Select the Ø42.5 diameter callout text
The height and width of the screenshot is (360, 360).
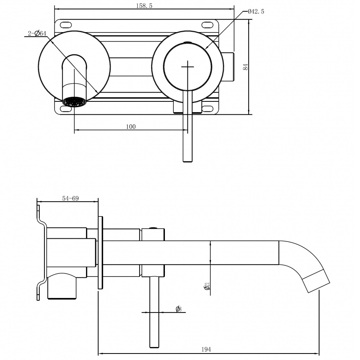click(x=256, y=11)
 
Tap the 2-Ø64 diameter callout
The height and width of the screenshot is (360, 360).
click(x=37, y=34)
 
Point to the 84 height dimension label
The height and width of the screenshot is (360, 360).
click(x=246, y=67)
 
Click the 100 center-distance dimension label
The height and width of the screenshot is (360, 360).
click(x=130, y=127)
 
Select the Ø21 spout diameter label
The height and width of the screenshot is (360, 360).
click(x=207, y=286)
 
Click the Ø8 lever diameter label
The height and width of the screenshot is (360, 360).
click(x=178, y=309)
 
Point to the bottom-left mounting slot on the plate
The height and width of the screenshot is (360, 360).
click(x=65, y=109)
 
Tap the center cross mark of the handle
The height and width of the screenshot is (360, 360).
click(x=187, y=67)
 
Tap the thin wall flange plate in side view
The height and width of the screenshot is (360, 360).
click(x=100, y=252)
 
